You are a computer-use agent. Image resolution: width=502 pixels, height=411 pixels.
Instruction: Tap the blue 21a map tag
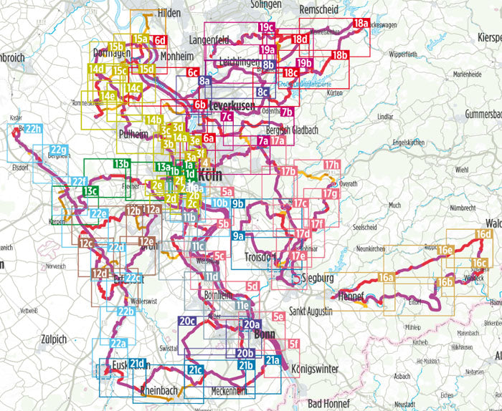click(x=273, y=360)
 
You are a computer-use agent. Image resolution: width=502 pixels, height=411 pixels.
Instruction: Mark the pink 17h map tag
click(x=331, y=165)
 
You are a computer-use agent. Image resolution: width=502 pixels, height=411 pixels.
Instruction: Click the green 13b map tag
click(x=120, y=164)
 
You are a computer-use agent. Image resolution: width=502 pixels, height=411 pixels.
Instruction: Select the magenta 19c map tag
click(x=267, y=28)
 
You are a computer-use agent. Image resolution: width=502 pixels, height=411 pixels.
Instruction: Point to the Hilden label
click(x=169, y=14)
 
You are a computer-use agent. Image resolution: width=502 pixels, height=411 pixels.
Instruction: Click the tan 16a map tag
click(x=387, y=277)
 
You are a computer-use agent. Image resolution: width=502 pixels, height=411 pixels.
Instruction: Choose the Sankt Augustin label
click(x=311, y=312)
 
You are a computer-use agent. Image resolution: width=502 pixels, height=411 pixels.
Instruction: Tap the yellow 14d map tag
click(x=97, y=69)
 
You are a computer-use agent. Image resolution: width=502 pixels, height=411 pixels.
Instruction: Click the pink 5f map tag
click(x=293, y=344)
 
